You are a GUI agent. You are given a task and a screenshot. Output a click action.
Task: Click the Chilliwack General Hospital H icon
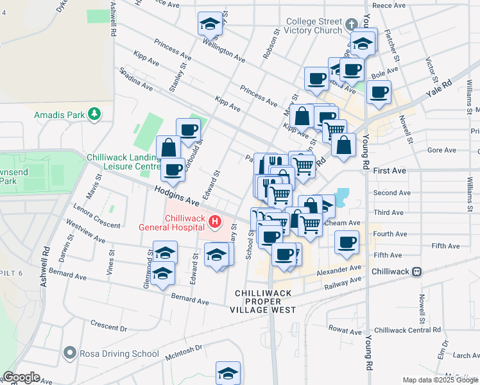215,223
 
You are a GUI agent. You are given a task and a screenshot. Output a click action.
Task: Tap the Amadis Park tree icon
94,114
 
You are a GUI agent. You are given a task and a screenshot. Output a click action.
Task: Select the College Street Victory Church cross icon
350,25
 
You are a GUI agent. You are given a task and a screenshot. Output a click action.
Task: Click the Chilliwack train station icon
417,271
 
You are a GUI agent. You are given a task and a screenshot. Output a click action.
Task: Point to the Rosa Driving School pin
70,353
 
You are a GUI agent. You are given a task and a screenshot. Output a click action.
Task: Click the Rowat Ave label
346,331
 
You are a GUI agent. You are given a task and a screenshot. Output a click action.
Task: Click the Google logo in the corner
21,377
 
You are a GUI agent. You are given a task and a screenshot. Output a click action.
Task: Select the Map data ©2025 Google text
440,380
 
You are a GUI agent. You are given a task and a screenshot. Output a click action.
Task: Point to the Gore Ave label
441,150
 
